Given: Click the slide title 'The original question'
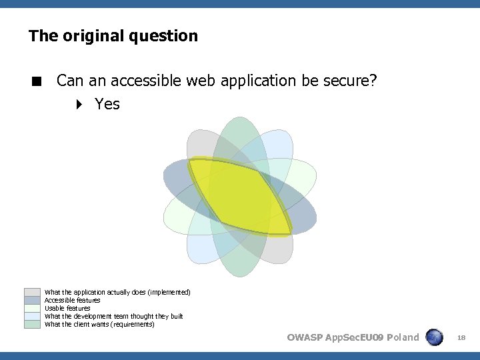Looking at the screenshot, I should tap(113, 36).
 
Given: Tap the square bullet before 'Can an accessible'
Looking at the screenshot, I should tap(37, 82).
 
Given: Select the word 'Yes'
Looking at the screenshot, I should tap(107, 104).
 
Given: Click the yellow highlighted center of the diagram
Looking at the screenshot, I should tap(239, 197).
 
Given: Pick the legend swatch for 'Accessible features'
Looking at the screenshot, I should tap(32, 300).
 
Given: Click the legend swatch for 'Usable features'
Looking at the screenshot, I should tap(32, 308).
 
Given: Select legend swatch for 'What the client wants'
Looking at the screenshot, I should tap(32, 324).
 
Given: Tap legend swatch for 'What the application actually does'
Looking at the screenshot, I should tap(32, 292).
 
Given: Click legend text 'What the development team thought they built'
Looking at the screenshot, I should tap(113, 316).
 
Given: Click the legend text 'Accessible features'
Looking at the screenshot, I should tap(72, 300).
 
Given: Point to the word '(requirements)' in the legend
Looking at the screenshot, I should tap(133, 324).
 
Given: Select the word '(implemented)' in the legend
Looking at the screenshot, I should tap(169, 292).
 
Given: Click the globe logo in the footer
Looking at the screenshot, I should tap(435, 337).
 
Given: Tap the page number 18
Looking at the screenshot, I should tap(461, 338).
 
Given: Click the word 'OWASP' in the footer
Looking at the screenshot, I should tap(304, 337).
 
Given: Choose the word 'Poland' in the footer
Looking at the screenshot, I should tap(403, 337).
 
